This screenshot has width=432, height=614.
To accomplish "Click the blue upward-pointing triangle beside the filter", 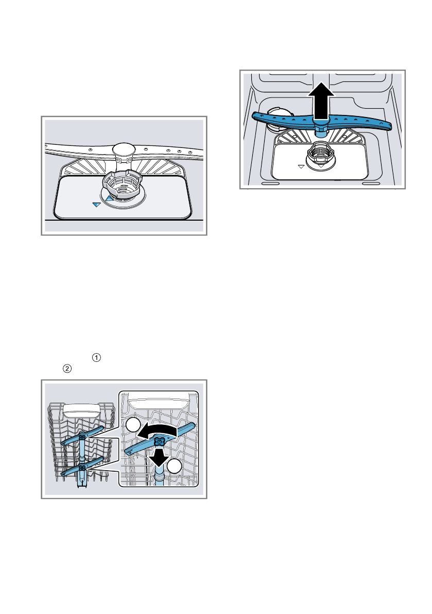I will click(109, 197).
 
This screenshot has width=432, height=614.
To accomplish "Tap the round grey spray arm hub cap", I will click(124, 150).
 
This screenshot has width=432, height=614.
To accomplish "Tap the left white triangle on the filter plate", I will click(301, 167).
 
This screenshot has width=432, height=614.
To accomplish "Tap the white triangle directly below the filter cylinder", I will click(320, 167).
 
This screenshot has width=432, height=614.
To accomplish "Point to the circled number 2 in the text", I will click(66, 369).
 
